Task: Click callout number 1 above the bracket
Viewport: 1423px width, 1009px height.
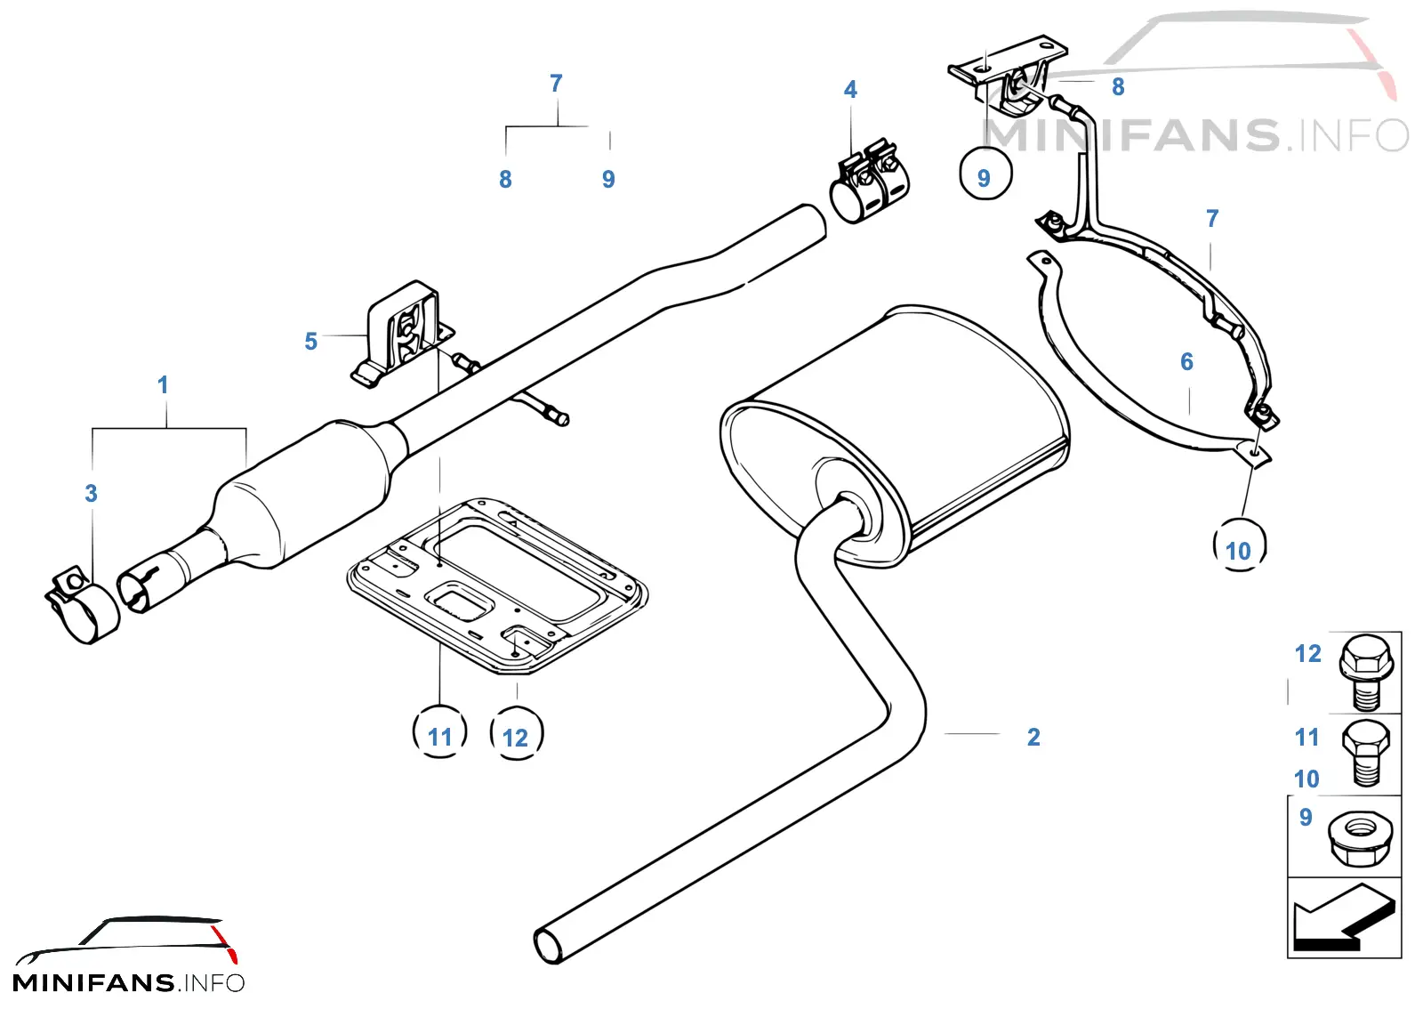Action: (x=163, y=385)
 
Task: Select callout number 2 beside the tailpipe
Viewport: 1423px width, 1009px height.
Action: (x=1033, y=737)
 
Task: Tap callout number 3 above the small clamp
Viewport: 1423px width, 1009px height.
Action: (x=92, y=493)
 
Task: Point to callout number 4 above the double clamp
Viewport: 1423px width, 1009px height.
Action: (x=850, y=90)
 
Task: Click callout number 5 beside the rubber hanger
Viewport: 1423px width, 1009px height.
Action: (x=310, y=341)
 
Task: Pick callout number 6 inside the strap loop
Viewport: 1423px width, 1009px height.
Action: (x=1186, y=362)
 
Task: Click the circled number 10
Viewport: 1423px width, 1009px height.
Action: (x=1240, y=545)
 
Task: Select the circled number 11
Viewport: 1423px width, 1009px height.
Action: (x=439, y=731)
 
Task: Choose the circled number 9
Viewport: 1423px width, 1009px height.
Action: (x=985, y=173)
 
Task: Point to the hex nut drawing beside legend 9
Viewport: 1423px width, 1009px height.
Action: (x=1360, y=839)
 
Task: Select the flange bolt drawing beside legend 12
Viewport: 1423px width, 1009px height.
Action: (x=1366, y=673)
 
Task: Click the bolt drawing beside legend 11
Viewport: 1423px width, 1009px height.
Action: (x=1366, y=755)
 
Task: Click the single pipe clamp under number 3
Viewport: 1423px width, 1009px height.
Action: (x=82, y=604)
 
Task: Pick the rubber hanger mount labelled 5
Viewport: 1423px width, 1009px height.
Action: (x=402, y=334)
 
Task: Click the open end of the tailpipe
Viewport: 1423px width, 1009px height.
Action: (x=549, y=946)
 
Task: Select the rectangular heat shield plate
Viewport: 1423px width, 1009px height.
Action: (x=497, y=585)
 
